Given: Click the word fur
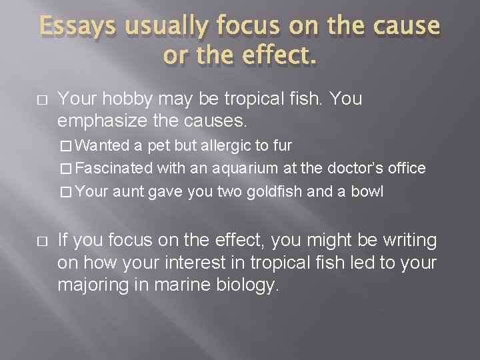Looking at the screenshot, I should (283, 145).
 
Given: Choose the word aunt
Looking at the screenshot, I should (127, 192).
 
